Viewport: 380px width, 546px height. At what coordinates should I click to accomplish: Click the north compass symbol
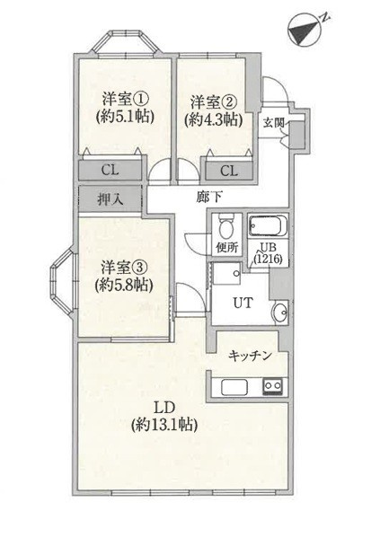(x=305, y=30)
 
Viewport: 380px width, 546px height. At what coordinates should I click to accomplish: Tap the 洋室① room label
(x=123, y=98)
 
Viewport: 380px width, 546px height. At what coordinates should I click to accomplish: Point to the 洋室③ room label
(x=124, y=267)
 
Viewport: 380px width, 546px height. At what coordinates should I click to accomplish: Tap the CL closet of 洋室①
(x=110, y=169)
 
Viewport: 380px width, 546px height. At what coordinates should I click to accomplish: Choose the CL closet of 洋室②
(x=229, y=170)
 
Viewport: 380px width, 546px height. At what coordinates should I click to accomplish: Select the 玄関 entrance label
(x=273, y=123)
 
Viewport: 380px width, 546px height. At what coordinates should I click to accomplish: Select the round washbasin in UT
(x=279, y=313)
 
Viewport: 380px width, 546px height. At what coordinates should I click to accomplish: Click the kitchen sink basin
(x=234, y=388)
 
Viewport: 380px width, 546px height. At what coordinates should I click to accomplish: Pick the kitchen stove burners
(x=272, y=387)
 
